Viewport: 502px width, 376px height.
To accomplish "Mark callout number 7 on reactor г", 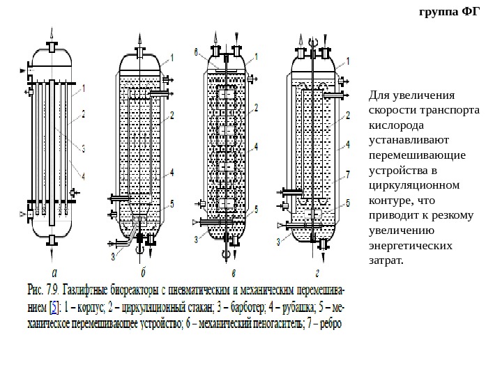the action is click(x=347, y=175).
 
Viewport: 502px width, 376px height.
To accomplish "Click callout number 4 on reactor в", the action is click(x=257, y=147).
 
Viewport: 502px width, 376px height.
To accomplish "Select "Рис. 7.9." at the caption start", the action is click(x=44, y=286).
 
